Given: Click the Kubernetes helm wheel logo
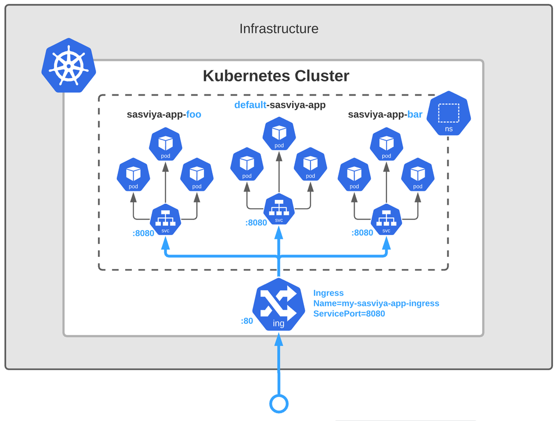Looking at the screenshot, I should (x=69, y=65).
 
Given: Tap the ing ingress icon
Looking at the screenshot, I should (x=278, y=305).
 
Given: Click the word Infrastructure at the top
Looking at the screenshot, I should (x=279, y=28).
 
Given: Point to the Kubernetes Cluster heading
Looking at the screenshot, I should (x=276, y=76).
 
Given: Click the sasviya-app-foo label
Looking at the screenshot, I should (x=164, y=114).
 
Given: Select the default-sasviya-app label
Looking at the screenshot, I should (x=279, y=104).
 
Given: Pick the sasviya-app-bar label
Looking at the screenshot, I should (x=385, y=114).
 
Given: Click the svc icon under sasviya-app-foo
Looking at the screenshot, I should (x=165, y=219).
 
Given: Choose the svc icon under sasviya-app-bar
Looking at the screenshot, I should (x=386, y=219).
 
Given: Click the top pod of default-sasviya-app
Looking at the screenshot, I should (x=279, y=134).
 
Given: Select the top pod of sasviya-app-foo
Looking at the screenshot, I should (x=165, y=145).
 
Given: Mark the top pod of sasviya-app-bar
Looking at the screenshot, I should (x=386, y=145).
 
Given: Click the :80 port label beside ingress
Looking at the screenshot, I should (x=247, y=321).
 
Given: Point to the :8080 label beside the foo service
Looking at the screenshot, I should (x=143, y=233).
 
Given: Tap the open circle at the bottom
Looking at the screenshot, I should (x=279, y=403).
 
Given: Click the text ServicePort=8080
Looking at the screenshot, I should (x=349, y=314).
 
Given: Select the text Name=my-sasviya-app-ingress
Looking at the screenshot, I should (x=376, y=303).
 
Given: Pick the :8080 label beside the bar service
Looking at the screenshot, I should (x=362, y=233).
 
